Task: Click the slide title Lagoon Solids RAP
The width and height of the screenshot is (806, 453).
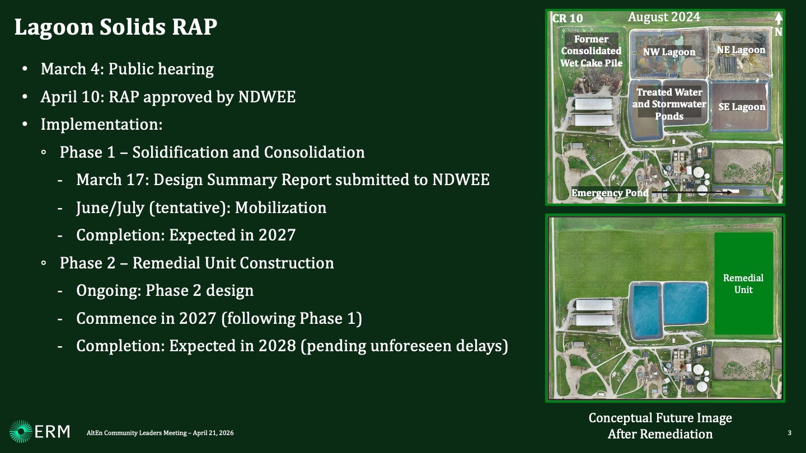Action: tap(115, 27)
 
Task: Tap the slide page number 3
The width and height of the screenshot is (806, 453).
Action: tap(789, 433)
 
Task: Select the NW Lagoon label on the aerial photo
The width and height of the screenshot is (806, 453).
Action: tap(669, 52)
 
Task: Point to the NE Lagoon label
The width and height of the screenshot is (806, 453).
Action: tap(741, 50)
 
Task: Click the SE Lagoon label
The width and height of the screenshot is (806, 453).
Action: tap(742, 107)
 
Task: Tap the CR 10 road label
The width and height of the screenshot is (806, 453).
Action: tap(568, 18)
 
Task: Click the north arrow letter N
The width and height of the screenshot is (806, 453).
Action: tap(778, 32)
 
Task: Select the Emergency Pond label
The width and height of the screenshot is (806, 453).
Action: tap(610, 193)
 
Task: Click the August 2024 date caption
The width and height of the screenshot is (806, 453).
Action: tap(664, 17)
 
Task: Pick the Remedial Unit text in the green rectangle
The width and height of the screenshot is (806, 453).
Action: tap(743, 284)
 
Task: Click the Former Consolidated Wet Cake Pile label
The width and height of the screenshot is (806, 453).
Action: tap(591, 51)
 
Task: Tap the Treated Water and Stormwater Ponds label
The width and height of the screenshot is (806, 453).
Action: tap(669, 104)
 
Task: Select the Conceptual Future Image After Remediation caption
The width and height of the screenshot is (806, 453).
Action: tap(660, 426)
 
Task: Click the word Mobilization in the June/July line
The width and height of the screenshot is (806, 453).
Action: tap(280, 207)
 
